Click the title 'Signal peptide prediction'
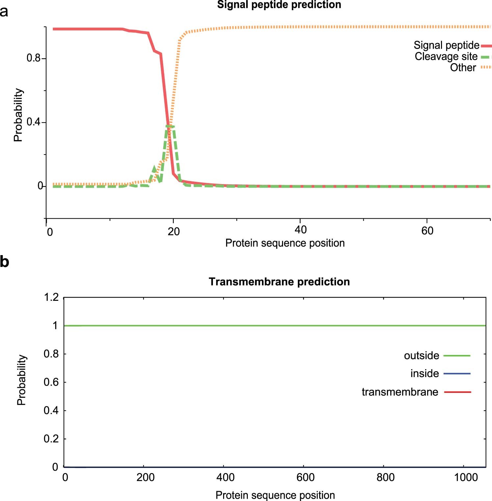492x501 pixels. (x=279, y=5)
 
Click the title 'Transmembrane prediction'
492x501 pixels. (x=279, y=282)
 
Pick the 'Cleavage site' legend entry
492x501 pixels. (x=446, y=57)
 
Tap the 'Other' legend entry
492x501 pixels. (x=463, y=67)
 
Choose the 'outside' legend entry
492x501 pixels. (x=422, y=355)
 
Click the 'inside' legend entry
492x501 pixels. (x=425, y=373)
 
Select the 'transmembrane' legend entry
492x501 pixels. (x=400, y=392)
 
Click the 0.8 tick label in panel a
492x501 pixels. (x=33, y=58)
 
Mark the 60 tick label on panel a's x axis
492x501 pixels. (x=427, y=231)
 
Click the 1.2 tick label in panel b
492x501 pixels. (x=51, y=297)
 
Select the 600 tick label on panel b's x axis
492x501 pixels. (x=305, y=477)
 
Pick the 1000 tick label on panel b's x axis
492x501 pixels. (x=466, y=477)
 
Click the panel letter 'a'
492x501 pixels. (x=4, y=12)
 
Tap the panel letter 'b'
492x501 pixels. (x=4, y=262)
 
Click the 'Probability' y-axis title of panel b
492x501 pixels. (x=21, y=380)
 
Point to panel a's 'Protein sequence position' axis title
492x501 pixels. (x=285, y=243)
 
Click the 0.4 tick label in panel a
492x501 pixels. (x=33, y=122)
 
